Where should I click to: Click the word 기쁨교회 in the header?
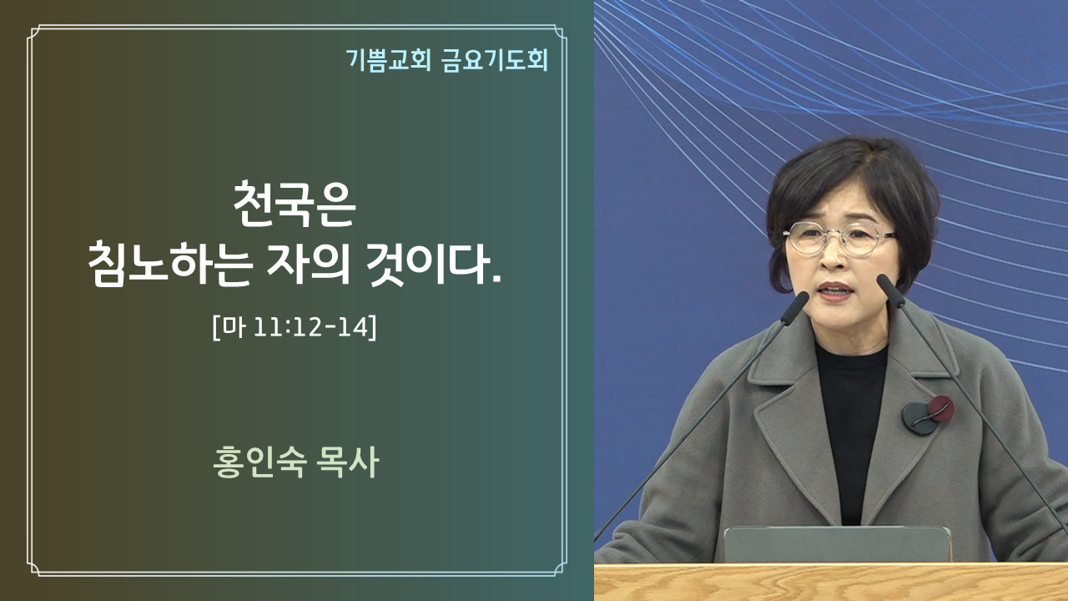click(x=389, y=61)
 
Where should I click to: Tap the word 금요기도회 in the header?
click(x=495, y=61)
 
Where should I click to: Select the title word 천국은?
click(x=295, y=204)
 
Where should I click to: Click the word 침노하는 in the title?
click(x=170, y=264)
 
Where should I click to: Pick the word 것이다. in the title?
click(x=433, y=264)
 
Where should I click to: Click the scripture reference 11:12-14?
click(x=312, y=327)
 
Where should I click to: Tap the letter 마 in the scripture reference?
click(x=234, y=327)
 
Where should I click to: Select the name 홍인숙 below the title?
click(x=259, y=462)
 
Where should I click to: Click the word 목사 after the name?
click(x=348, y=462)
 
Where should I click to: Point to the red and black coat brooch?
click(x=928, y=415)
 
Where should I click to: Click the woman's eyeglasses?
click(x=839, y=239)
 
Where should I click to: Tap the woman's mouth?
click(x=836, y=291)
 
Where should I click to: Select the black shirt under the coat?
click(x=851, y=429)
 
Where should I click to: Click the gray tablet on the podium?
click(x=837, y=543)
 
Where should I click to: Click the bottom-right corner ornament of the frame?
click(x=559, y=568)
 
